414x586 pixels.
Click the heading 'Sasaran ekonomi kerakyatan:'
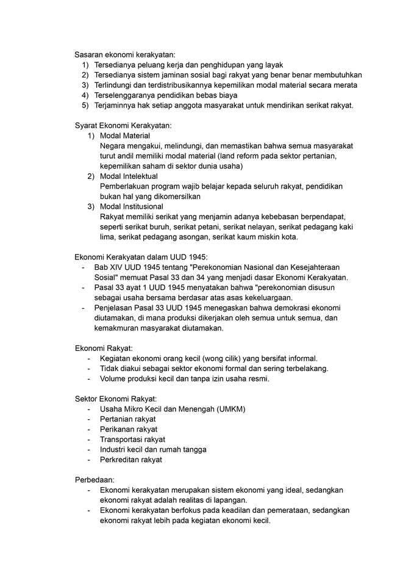click(x=124, y=54)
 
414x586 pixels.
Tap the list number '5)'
click(x=85, y=106)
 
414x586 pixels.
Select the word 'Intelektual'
click(x=139, y=176)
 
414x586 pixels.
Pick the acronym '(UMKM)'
click(x=232, y=409)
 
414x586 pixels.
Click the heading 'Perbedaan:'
click(x=95, y=480)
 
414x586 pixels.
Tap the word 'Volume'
click(x=113, y=378)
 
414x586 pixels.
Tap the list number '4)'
click(x=85, y=95)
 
